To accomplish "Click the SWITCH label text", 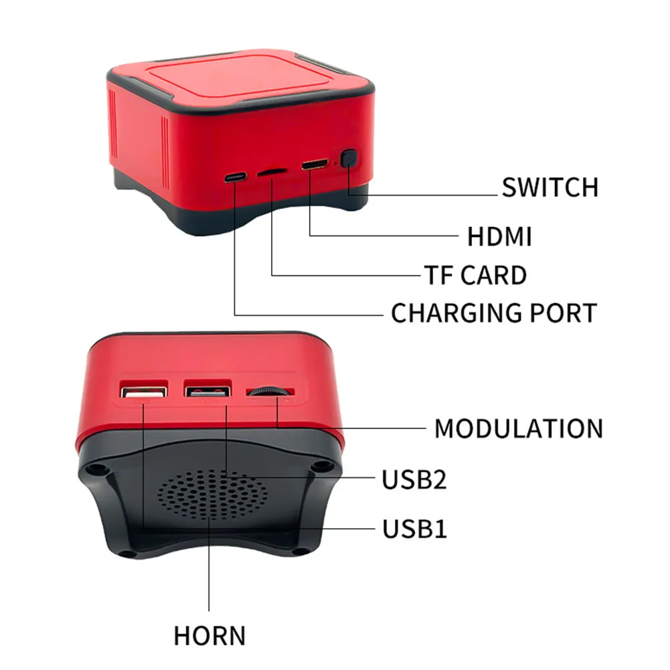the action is [550, 187].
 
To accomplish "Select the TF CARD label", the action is [475, 275].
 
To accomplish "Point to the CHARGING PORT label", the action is [493, 313].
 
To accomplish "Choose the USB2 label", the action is [414, 479].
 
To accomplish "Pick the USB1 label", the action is [414, 529].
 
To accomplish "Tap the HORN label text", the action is [210, 635].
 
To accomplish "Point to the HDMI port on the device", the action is [314, 165].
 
